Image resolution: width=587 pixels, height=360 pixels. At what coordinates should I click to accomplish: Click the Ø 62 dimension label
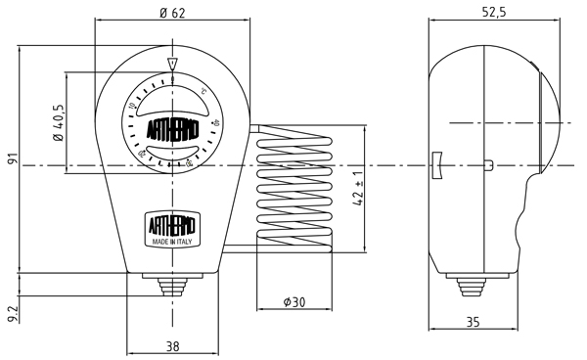tap(172, 14)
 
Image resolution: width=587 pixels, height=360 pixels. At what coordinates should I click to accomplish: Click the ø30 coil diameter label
tap(294, 302)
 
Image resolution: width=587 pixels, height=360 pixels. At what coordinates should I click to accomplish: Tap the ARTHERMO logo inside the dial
tap(172, 129)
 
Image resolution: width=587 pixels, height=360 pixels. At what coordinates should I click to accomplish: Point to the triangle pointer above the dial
tap(172, 66)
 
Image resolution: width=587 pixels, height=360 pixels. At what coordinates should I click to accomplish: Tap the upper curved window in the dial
tap(172, 105)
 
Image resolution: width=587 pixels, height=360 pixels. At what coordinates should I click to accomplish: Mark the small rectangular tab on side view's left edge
tap(436, 166)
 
